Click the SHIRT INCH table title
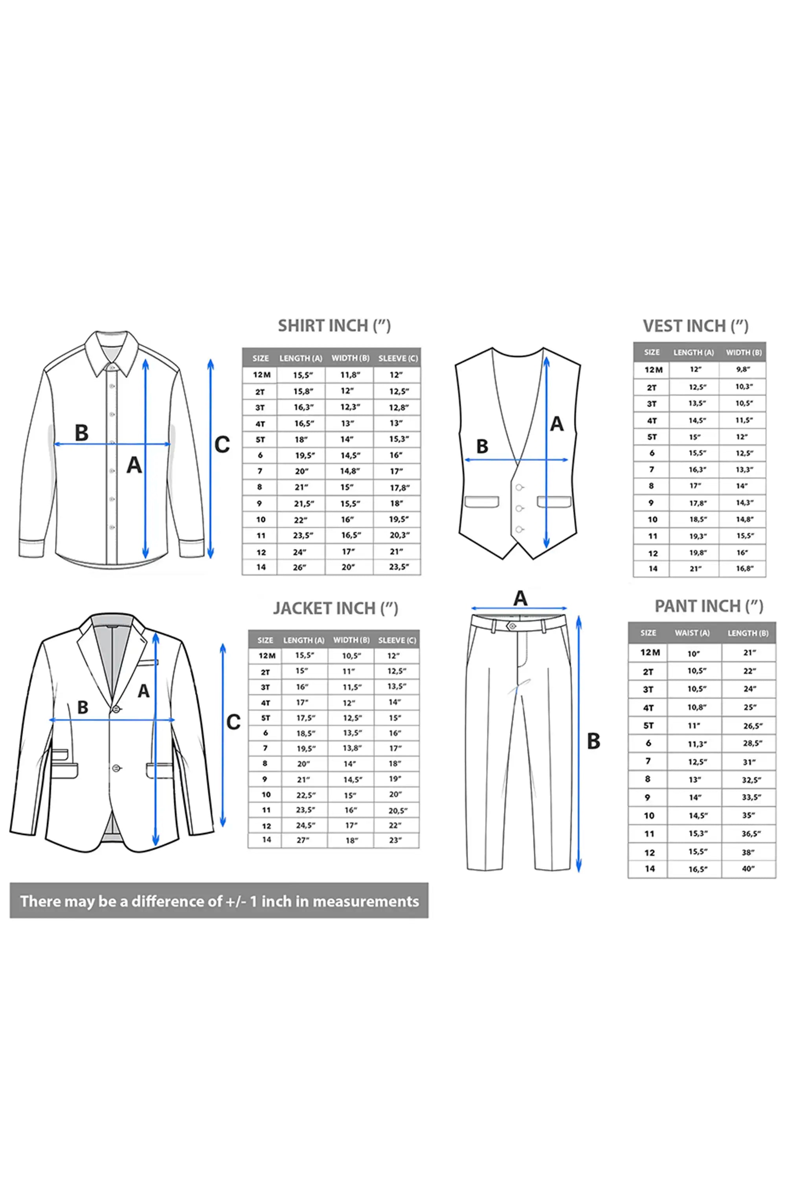tap(334, 326)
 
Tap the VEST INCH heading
tap(696, 326)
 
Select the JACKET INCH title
tap(335, 608)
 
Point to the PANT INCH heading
tap(709, 606)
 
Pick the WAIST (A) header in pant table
tap(692, 633)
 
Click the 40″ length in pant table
tap(748, 869)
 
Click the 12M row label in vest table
tap(653, 370)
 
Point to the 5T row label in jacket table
tap(266, 718)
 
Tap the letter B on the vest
tap(482, 446)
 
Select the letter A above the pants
tap(520, 598)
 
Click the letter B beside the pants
tap(593, 741)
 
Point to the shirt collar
tap(111, 353)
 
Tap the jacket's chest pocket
tap(147, 663)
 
